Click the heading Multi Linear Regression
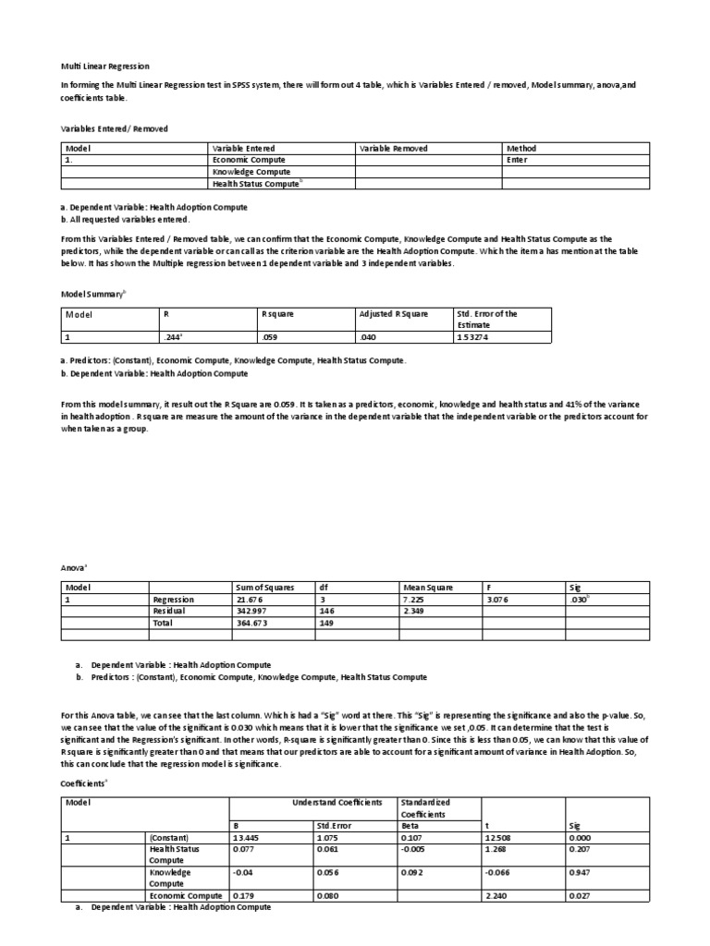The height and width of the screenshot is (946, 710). click(x=105, y=67)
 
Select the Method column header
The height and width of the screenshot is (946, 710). click(x=522, y=148)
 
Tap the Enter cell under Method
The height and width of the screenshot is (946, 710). click(x=517, y=160)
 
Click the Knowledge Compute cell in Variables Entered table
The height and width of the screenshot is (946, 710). click(x=251, y=172)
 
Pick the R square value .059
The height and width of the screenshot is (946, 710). click(x=271, y=337)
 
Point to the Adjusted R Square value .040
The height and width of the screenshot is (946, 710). click(x=369, y=337)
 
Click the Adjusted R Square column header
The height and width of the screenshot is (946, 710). click(x=394, y=314)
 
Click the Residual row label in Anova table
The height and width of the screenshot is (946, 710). click(x=168, y=611)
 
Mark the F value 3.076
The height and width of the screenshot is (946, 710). click(x=497, y=599)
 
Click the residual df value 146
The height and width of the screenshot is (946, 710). click(x=326, y=611)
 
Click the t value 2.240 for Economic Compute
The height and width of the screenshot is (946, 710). click(x=496, y=895)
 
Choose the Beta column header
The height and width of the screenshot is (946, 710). click(x=410, y=825)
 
